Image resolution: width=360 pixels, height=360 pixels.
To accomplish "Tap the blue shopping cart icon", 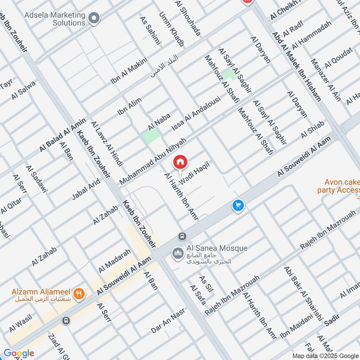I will pyautogui.click(x=238, y=205).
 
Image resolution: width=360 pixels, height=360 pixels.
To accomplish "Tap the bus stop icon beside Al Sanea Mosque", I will pyautogui.click(x=182, y=236).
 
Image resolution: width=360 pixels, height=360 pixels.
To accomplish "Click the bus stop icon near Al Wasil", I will pyautogui.click(x=66, y=320).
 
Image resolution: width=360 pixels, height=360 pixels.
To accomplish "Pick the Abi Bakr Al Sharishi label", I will pyautogui.click(x=304, y=293).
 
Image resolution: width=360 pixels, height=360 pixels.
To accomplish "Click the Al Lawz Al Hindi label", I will pyautogui.click(x=107, y=144).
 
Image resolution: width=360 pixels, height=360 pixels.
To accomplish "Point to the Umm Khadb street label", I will pyautogui.click(x=171, y=29).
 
